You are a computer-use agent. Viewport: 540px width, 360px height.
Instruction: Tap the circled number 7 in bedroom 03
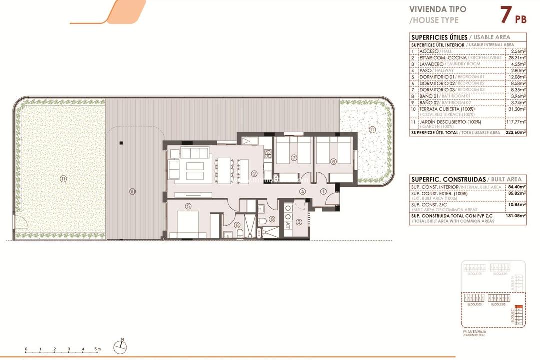pyautogui.click(x=294, y=158)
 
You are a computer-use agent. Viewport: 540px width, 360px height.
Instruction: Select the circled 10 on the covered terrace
pyautogui.click(x=132, y=191)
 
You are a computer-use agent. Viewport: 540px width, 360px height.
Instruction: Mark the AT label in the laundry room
pyautogui.click(x=288, y=225)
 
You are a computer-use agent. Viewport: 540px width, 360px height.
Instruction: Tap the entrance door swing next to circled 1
pyautogui.click(x=331, y=200)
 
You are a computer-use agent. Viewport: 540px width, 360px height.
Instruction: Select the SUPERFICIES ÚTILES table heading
pyautogui.click(x=439, y=37)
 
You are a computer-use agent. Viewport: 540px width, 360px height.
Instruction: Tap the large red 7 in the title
pyautogui.click(x=506, y=15)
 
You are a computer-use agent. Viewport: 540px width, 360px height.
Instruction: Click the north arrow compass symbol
pyautogui.click(x=121, y=344)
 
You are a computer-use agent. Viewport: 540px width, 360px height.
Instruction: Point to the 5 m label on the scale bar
pyautogui.click(x=98, y=349)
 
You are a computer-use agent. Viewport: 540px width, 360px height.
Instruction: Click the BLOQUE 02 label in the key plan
pyautogui.click(x=498, y=304)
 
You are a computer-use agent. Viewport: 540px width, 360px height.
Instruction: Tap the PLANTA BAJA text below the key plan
pyautogui.click(x=475, y=331)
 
